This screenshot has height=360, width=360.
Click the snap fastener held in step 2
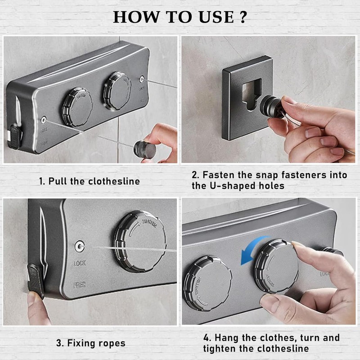click(x=272, y=108)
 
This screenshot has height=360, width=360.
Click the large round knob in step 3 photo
click(x=140, y=241)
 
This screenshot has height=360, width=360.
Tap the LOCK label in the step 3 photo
click(x=80, y=263)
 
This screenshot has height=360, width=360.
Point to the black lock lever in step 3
click(x=36, y=279)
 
